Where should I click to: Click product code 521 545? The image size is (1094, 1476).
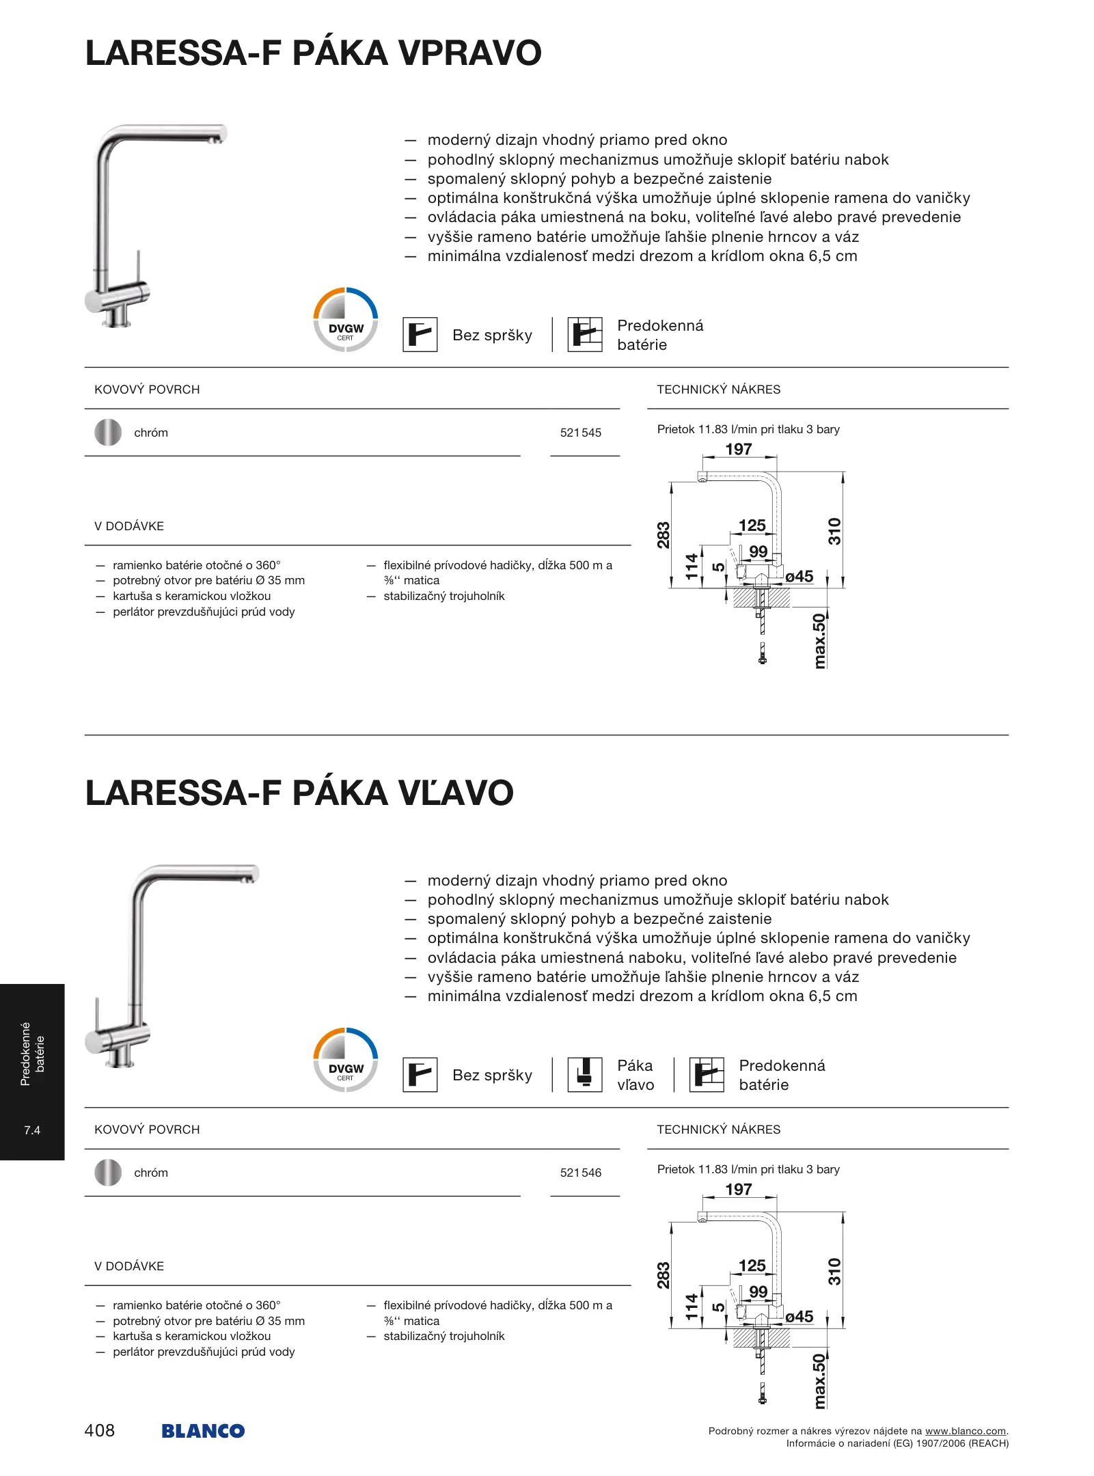point(580,433)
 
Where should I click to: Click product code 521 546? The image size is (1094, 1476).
point(580,1173)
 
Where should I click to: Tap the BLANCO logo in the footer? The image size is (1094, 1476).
point(203,1430)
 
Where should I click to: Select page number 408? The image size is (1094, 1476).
point(100,1430)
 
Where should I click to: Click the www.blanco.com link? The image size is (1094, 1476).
point(965,1431)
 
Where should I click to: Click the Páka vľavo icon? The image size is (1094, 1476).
point(585,1075)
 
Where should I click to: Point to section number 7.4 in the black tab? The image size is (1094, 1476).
point(32,1130)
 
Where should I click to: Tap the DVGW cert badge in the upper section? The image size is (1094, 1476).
point(346,320)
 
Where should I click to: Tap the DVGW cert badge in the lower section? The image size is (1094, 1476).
point(346,1060)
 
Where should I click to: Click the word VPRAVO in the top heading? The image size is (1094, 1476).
point(470,53)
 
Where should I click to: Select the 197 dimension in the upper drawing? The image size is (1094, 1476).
point(739,449)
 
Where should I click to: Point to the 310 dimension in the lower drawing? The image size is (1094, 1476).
point(834,1272)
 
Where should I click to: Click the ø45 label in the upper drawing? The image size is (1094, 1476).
point(799,577)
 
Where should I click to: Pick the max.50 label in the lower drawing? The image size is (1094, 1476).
point(819,1381)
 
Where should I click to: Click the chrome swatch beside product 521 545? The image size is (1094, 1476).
point(108,433)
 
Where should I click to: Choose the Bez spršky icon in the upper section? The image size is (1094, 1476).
point(420,335)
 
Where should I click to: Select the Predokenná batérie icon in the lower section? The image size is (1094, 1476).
point(707,1075)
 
